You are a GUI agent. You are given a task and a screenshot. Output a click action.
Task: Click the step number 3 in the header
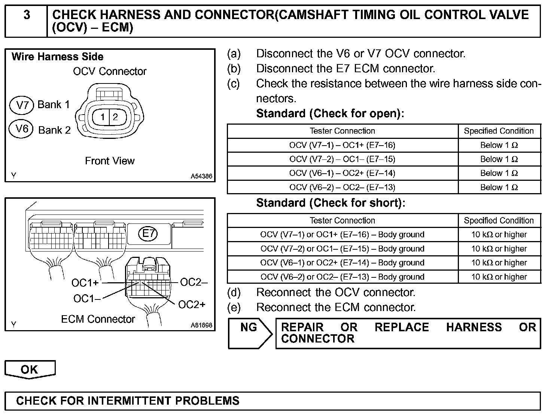coord(27,15)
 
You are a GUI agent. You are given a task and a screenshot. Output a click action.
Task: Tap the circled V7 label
coord(22,105)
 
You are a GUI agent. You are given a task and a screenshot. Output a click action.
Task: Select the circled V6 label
coord(22,129)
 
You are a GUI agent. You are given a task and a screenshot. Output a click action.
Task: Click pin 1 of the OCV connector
coord(102,117)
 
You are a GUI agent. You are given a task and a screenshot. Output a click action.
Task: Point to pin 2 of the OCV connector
coord(115,117)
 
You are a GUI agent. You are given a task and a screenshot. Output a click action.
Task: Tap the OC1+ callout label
coord(85,283)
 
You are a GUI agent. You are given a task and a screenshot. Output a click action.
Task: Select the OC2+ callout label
coord(192,305)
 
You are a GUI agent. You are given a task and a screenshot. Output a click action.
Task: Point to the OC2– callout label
coord(194,282)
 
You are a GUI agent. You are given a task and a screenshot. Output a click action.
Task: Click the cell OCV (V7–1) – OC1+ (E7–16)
coord(342,145)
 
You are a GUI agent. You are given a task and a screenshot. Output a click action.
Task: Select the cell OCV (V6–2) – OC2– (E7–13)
coord(342,187)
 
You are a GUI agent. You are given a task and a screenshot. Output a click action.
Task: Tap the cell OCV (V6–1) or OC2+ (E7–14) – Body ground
coord(342,263)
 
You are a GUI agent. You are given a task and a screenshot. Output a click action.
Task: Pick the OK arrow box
coord(30,369)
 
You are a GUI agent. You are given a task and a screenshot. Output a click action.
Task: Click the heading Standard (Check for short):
coord(331,203)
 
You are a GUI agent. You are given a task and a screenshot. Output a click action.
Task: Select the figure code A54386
coord(201,176)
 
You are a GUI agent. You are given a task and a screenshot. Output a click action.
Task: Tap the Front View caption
coord(110,161)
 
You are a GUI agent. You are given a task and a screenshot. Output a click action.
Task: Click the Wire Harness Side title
coord(58,57)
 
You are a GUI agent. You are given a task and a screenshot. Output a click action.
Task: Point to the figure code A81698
coord(201,325)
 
